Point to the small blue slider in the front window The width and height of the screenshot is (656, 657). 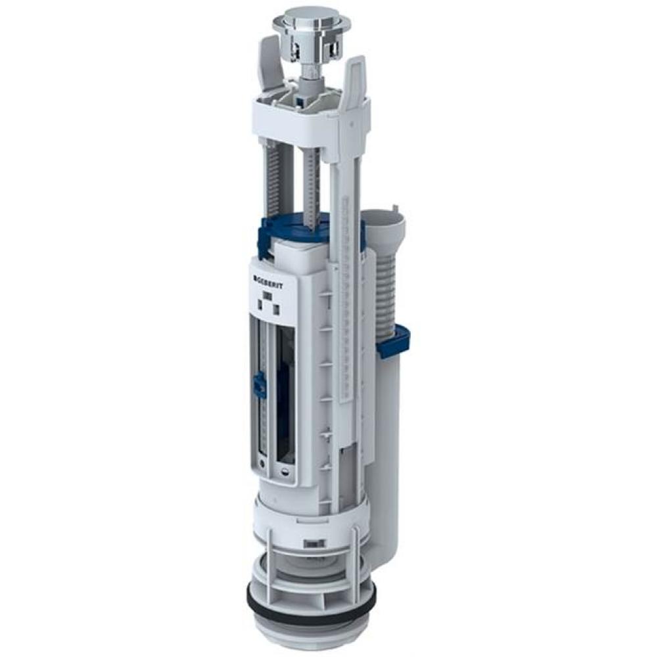(259, 384)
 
